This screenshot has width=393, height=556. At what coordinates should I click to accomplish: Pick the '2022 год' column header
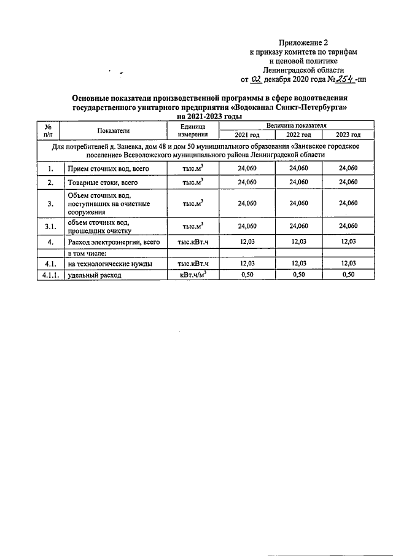pos(298,135)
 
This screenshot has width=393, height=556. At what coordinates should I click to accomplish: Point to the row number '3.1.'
pos(50,227)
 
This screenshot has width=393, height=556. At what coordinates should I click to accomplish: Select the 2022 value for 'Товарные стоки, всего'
pos(298,182)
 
